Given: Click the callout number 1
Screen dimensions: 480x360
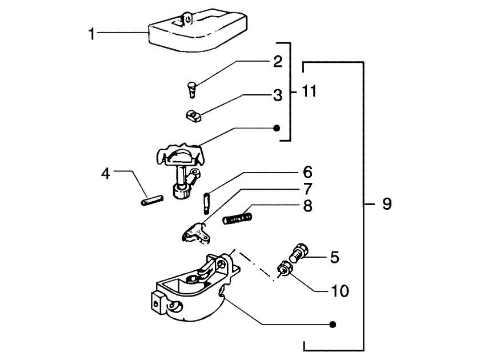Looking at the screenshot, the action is [x=91, y=34].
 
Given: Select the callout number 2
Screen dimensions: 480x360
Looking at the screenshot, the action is [x=278, y=61].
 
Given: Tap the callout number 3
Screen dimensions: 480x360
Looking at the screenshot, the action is [x=278, y=95].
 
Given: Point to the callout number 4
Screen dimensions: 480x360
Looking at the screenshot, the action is [x=106, y=174].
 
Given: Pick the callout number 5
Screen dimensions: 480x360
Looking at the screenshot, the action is [x=335, y=257].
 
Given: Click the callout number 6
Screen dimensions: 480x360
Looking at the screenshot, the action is [x=307, y=172].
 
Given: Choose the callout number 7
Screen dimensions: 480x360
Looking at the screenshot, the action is [x=307, y=189].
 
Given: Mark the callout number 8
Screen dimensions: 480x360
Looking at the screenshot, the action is [x=307, y=206].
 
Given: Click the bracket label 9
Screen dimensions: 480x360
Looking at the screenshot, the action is [x=387, y=204].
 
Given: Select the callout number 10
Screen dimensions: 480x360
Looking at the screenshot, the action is [x=340, y=291].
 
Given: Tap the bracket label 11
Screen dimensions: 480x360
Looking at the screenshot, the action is [x=309, y=91].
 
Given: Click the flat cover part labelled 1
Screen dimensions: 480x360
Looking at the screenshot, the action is [x=198, y=31].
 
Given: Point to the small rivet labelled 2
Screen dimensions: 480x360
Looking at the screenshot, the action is [x=191, y=90].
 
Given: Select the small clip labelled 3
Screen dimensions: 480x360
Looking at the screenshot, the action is [x=194, y=117].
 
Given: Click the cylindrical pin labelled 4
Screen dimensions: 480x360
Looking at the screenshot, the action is [x=152, y=201].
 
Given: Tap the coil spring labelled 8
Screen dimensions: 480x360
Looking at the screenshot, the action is [x=238, y=218].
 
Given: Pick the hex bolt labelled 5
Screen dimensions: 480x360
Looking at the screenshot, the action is [x=298, y=253].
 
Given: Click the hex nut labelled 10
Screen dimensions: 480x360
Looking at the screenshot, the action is [x=285, y=268].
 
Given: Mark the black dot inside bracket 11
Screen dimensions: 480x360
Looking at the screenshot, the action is [x=277, y=128].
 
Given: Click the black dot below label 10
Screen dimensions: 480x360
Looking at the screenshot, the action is [x=333, y=325].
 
